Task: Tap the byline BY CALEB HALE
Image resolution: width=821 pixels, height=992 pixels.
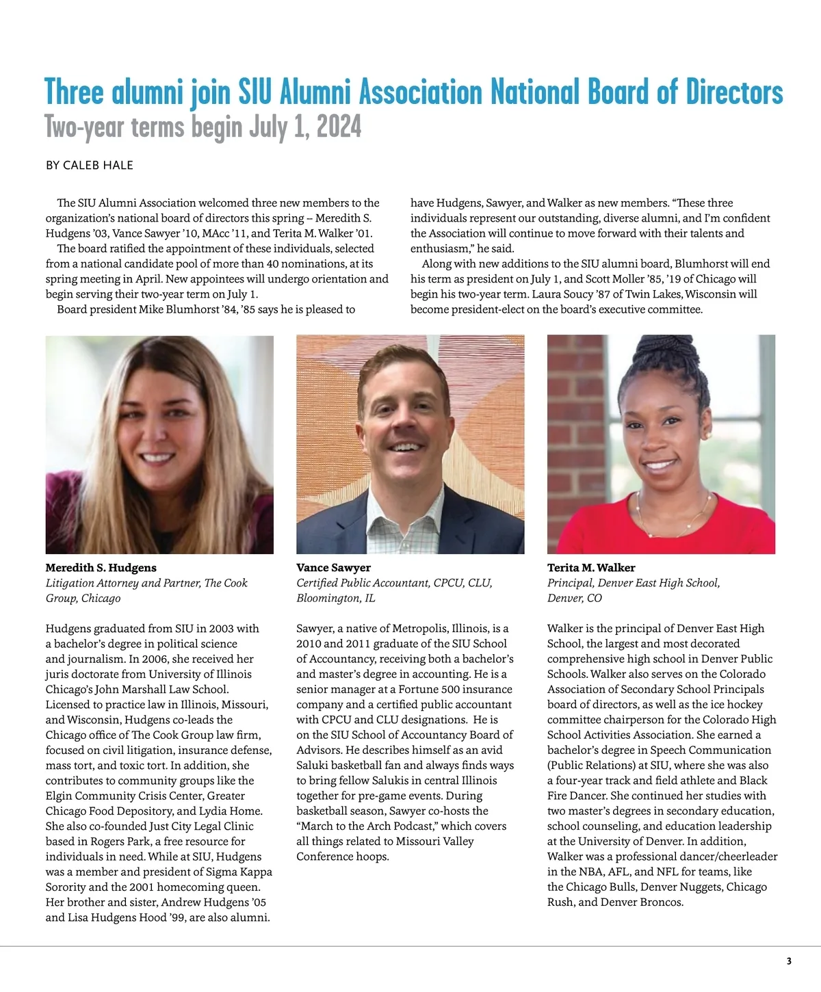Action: tap(89, 166)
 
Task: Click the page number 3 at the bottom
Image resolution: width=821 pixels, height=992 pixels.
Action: tap(789, 961)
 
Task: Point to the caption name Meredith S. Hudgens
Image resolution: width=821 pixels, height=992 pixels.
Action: tap(101, 568)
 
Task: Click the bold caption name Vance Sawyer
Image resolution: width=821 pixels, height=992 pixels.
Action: tap(333, 568)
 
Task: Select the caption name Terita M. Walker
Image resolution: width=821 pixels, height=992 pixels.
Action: tap(591, 568)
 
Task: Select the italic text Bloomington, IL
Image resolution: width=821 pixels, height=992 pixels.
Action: tap(335, 598)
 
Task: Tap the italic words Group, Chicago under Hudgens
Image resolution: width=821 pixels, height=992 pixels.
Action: tap(83, 598)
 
